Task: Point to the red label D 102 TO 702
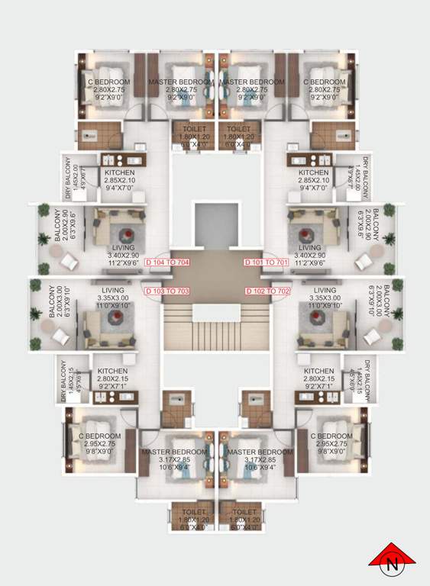[x=268, y=291]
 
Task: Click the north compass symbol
[x=393, y=563]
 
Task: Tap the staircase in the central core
[x=215, y=328]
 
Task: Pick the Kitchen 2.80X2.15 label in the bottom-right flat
[x=318, y=378]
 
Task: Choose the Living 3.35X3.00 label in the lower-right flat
[x=325, y=298]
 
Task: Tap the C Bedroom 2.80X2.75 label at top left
[x=109, y=90]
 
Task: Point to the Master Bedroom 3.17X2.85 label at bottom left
[x=173, y=460]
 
